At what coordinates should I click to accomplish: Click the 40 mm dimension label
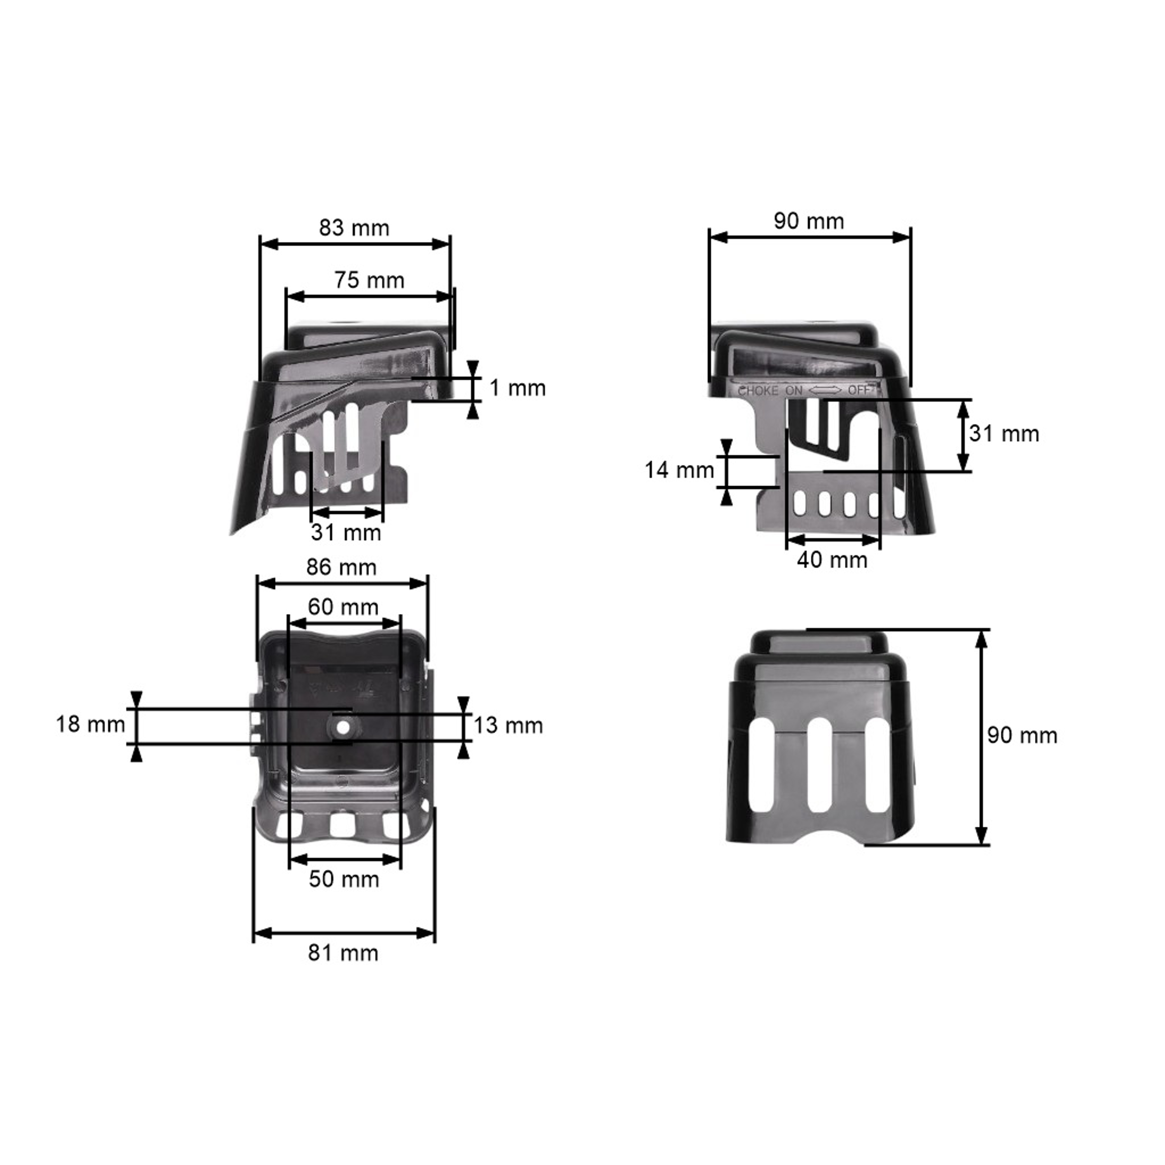832,560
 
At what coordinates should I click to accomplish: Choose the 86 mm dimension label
341,567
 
